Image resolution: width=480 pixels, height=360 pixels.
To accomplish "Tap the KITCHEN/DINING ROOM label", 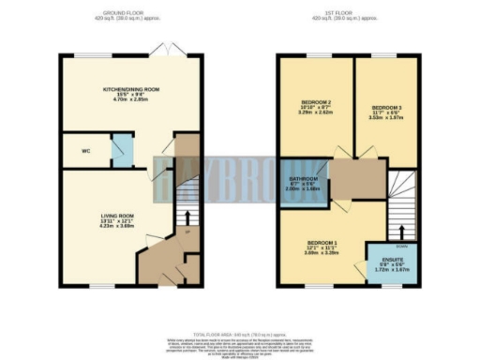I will click(131, 89).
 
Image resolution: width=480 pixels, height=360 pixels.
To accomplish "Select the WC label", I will click(83, 150).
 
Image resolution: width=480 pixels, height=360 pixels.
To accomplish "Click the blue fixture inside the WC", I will click(120, 150).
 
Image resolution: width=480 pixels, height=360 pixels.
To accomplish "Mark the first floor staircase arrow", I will click(402, 230).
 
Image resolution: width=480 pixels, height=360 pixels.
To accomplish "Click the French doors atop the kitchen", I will click(166, 48).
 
